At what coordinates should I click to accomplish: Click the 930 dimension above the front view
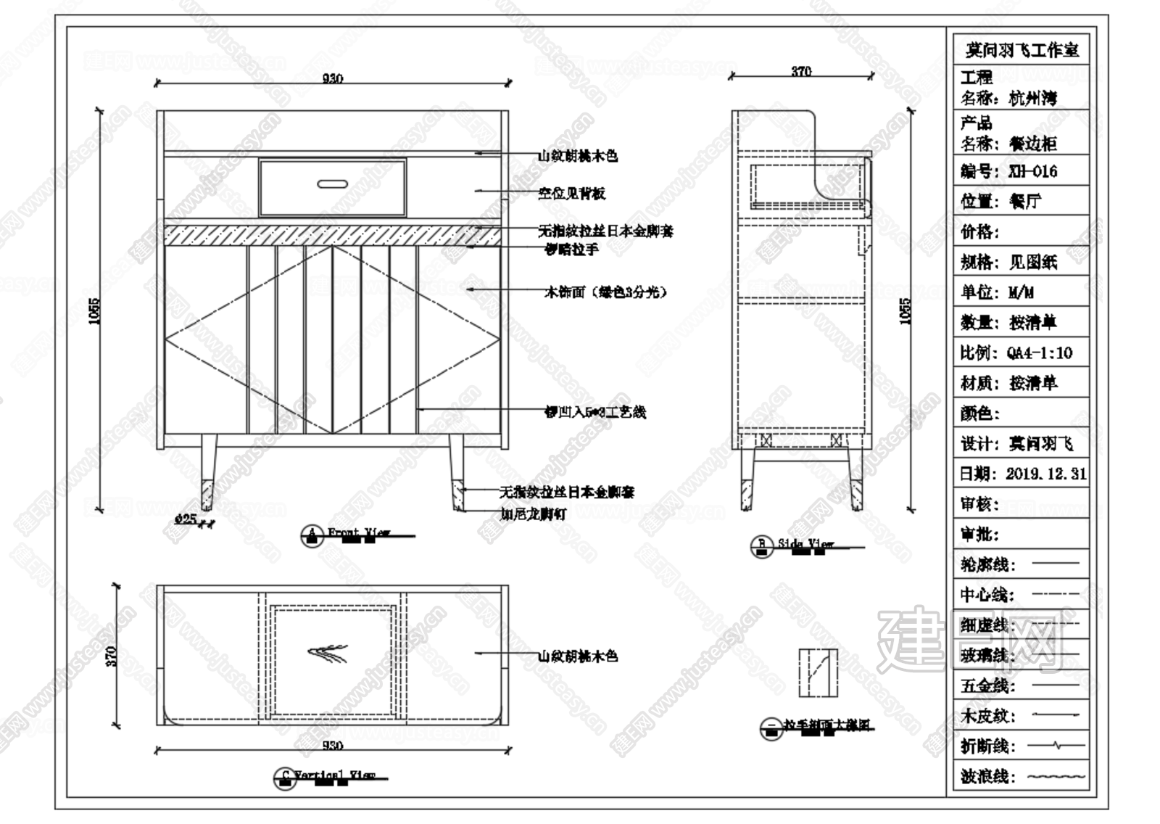[332, 78]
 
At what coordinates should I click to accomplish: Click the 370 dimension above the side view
[800, 71]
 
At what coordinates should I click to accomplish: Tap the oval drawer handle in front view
[332, 184]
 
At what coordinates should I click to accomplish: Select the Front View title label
[358, 533]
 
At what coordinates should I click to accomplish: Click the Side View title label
[805, 543]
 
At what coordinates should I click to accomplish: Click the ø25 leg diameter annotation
[186, 519]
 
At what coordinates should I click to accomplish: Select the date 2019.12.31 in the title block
[1045, 474]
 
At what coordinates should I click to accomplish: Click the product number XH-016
[1032, 172]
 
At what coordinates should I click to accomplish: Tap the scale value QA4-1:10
[1039, 353]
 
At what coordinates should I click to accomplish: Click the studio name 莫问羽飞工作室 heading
[1021, 50]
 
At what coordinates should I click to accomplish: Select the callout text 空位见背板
[571, 194]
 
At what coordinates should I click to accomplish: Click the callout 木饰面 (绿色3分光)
[605, 292]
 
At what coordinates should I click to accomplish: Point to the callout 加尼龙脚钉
[533, 514]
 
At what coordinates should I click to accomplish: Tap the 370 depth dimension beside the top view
[112, 656]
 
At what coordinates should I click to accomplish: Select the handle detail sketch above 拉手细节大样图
[818, 672]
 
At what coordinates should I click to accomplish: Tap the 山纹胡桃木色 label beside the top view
[577, 656]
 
